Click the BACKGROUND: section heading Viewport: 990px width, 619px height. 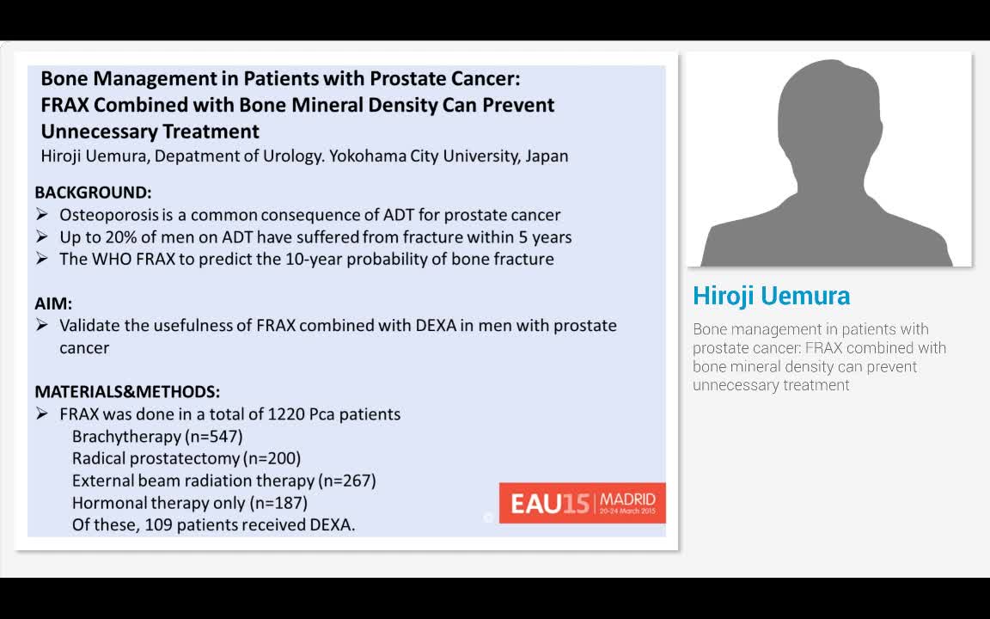93,193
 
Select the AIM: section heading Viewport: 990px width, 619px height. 53,303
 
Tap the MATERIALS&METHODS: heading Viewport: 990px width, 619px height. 127,392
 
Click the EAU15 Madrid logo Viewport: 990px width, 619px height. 582,503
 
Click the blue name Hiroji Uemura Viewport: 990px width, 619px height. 771,296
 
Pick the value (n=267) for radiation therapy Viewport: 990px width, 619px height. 347,481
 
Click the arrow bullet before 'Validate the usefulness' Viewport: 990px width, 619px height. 42,326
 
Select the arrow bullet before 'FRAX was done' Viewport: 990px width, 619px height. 42,414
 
